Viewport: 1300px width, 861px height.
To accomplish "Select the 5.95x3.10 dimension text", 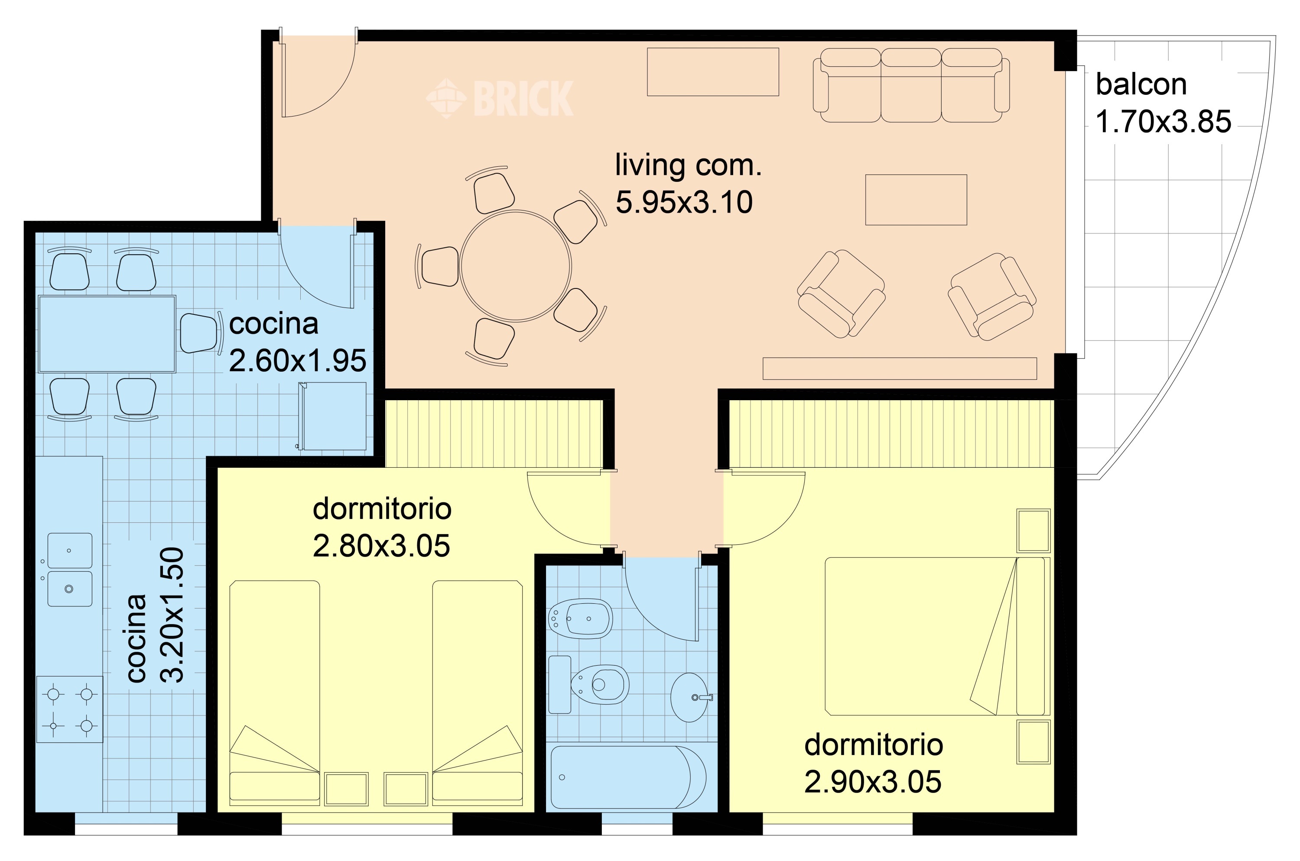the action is [x=684, y=202].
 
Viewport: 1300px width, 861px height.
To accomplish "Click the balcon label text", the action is [x=1141, y=84].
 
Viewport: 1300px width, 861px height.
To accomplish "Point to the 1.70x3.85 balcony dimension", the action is [x=1163, y=121].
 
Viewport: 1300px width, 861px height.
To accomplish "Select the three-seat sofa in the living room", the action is [x=911, y=85].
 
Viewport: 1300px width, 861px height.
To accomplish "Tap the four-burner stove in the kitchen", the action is [x=70, y=709].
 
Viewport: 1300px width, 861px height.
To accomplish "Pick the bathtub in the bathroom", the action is [x=628, y=777].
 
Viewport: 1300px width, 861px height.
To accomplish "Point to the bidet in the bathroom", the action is [x=581, y=618].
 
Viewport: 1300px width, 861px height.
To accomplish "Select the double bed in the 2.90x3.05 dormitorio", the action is [x=937, y=636].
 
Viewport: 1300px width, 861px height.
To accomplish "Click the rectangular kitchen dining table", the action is [x=107, y=334].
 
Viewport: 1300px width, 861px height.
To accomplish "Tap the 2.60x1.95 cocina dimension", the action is [x=297, y=361].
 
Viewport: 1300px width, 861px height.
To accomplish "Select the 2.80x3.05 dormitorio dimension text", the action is [x=381, y=546].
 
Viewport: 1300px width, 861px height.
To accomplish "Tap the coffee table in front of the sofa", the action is [x=916, y=200].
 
